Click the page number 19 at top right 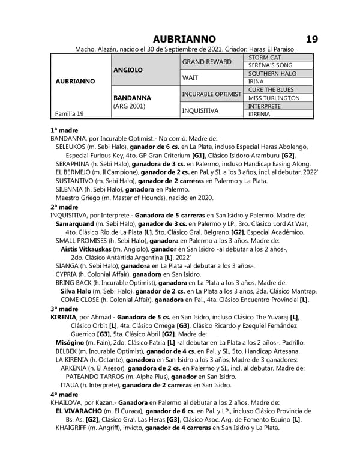point(311,39)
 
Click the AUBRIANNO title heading point(184,39)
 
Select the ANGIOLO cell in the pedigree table point(128,70)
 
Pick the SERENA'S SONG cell point(270,65)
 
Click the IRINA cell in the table point(256,82)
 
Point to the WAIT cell point(191,77)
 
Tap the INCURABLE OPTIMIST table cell point(212,94)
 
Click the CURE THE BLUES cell point(270,90)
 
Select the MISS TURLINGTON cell point(274,98)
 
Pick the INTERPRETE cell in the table point(264,106)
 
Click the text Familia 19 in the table point(69,113)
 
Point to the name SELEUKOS point(74,147)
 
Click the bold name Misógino point(72,342)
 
